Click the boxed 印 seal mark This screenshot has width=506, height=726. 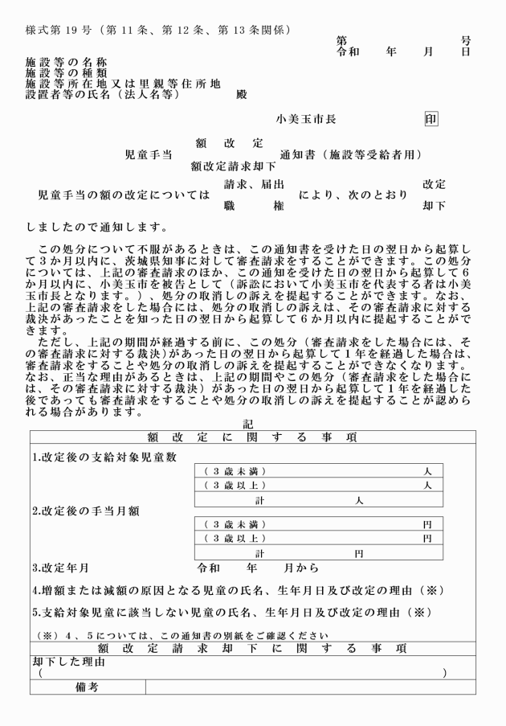pos(431,119)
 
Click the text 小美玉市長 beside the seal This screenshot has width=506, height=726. pos(306,119)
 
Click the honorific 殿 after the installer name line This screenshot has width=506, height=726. pos(242,94)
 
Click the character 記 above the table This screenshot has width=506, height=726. pos(248,425)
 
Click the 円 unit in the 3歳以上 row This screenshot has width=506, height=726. pos(427,538)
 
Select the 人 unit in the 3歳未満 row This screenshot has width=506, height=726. pos(428,471)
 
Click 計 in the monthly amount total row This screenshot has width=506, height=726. pos(260,554)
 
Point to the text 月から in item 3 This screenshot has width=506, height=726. pos(302,568)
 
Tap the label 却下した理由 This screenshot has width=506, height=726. pos(68,661)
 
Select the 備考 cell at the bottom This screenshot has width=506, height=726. pos(87,687)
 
